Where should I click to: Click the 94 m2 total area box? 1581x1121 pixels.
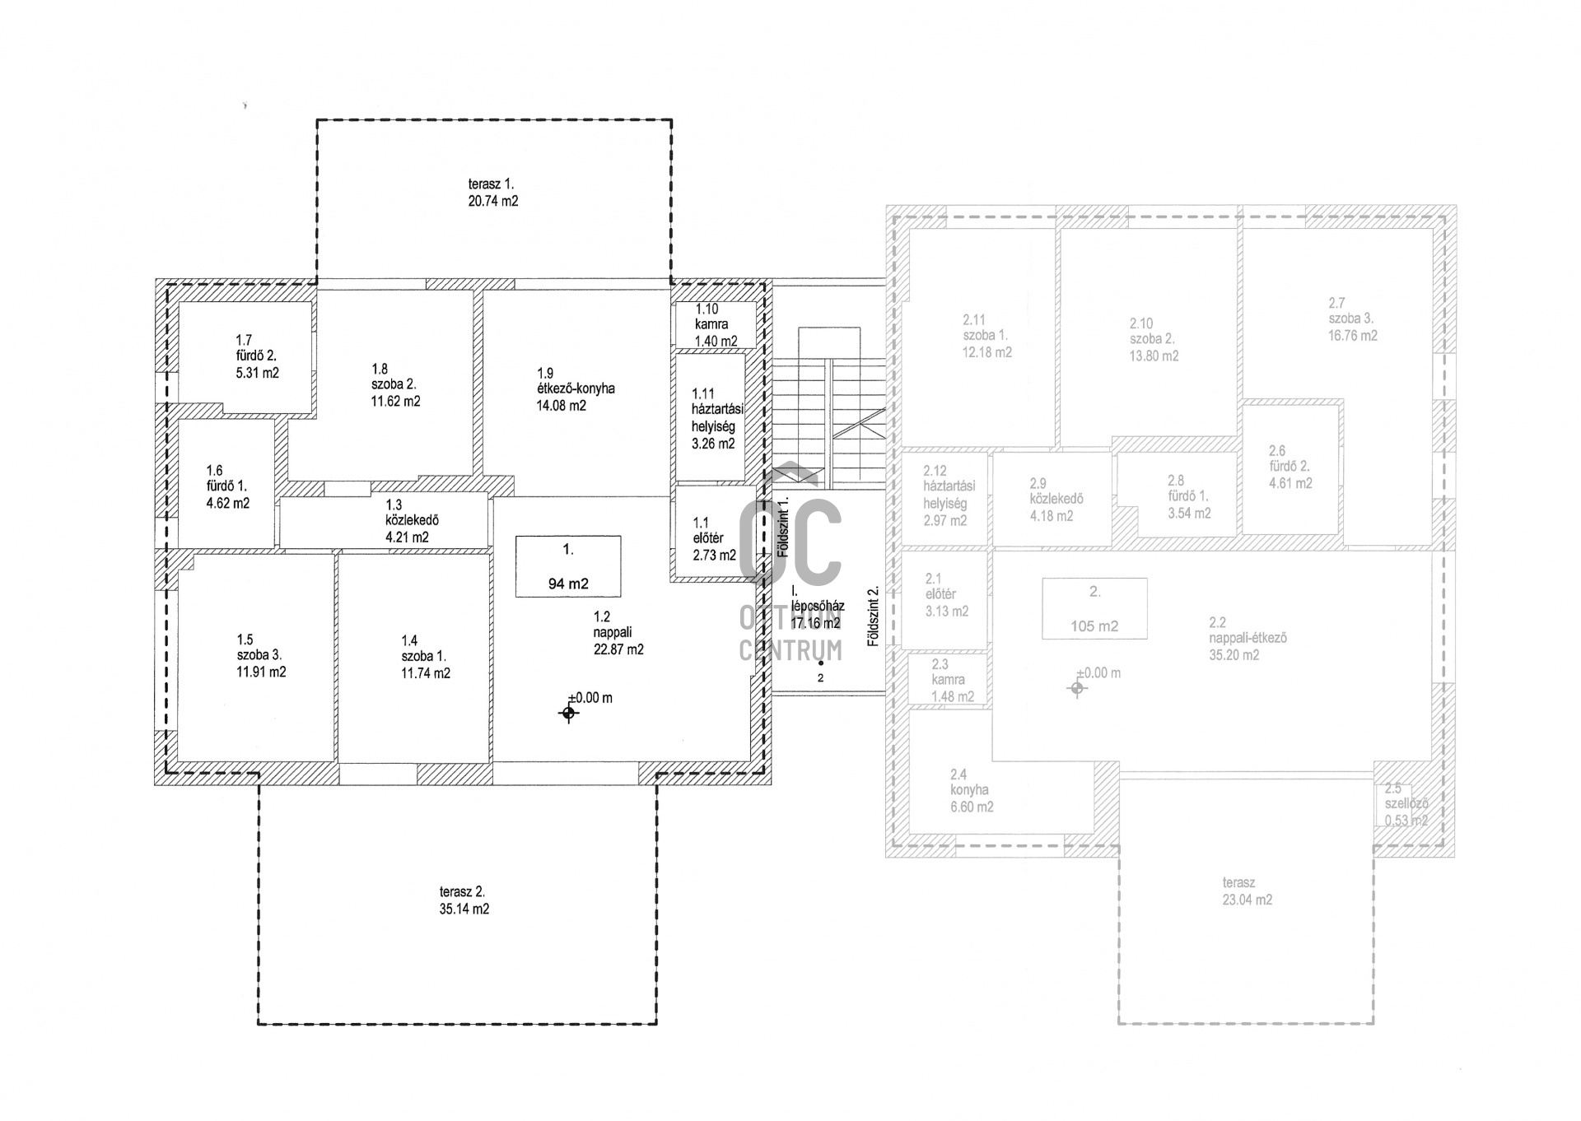568,566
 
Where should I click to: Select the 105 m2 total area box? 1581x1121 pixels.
1094,608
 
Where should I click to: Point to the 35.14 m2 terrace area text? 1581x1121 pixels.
464,909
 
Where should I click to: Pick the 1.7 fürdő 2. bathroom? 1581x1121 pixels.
245,357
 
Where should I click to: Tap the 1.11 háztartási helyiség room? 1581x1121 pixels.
711,416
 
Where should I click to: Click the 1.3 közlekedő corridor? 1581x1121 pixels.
384,520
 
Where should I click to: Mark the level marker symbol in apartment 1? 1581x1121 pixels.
568,713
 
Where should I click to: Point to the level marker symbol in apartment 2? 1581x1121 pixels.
1077,688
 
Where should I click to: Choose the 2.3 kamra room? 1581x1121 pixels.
948,679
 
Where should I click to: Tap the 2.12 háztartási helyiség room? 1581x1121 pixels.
944,497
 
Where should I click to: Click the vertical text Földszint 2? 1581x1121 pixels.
874,616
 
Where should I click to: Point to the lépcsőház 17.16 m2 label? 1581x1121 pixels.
818,615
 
